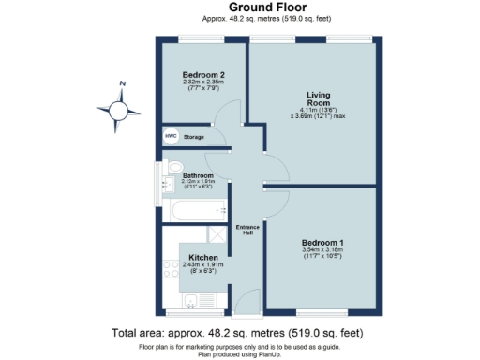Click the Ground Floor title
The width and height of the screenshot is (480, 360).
point(239,7)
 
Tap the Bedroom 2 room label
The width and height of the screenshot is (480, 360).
point(202,74)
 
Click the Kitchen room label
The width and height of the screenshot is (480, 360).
point(203,257)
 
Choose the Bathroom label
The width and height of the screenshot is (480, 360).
point(198,175)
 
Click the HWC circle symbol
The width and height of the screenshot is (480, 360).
point(171,137)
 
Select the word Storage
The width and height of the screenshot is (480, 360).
point(194,137)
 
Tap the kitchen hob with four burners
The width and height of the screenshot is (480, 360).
point(171,273)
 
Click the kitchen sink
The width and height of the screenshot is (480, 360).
point(191,300)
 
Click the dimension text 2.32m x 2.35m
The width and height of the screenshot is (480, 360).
point(202,82)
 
